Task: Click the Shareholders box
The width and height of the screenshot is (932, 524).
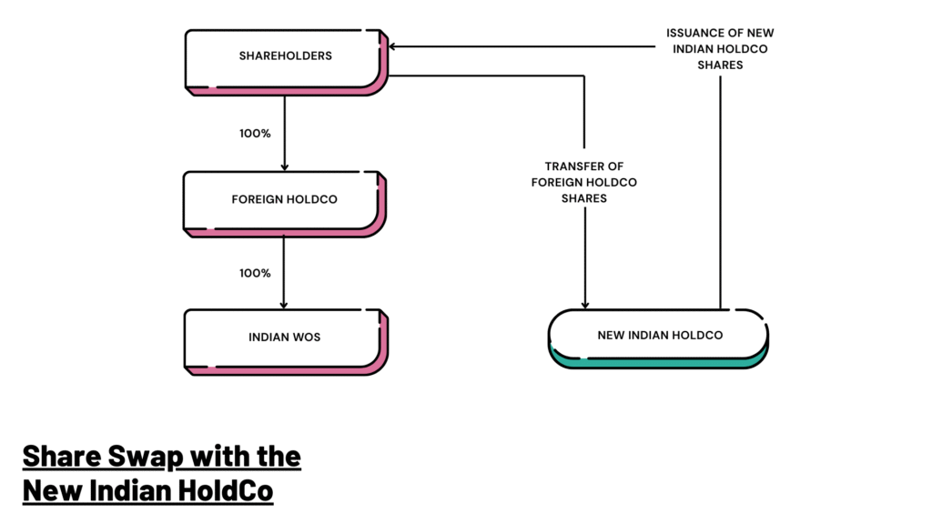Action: [x=285, y=56]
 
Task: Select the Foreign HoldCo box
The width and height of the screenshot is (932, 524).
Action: [x=285, y=199]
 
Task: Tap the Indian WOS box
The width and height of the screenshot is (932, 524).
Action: [x=285, y=338]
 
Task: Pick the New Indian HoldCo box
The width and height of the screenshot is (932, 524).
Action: [x=659, y=336]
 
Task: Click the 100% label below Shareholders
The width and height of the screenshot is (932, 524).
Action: [x=255, y=134]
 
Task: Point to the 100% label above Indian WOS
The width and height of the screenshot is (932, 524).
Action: [x=255, y=273]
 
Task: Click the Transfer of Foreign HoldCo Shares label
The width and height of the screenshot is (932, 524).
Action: [x=583, y=182]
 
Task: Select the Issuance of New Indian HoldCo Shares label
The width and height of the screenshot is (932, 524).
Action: [x=720, y=49]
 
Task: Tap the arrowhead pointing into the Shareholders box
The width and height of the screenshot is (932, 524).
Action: [x=395, y=46]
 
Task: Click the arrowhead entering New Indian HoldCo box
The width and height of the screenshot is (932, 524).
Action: [x=584, y=305]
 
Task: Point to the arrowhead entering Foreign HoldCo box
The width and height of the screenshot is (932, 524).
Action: [x=285, y=166]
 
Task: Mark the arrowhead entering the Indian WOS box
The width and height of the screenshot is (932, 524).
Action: [x=285, y=305]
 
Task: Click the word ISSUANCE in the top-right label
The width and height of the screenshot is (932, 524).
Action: [x=694, y=34]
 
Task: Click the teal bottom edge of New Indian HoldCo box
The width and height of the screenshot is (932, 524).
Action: [x=659, y=362]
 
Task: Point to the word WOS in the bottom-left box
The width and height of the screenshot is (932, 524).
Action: [x=307, y=338]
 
